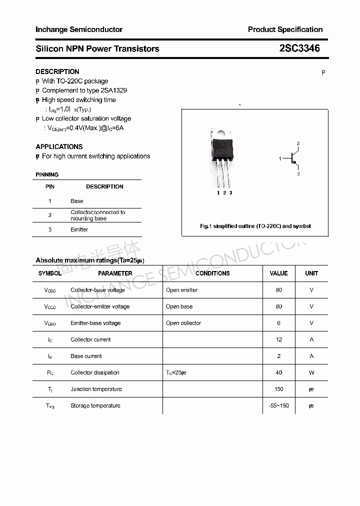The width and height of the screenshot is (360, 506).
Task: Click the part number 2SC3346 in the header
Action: click(299, 48)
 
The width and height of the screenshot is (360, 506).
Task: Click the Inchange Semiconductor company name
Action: click(79, 29)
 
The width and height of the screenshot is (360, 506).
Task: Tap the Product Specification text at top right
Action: click(285, 29)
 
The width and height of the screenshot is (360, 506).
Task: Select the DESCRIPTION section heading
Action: click(57, 71)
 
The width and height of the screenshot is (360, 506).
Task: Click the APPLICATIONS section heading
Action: click(59, 146)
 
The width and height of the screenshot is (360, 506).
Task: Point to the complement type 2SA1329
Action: click(113, 90)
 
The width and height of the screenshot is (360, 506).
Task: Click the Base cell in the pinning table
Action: click(77, 201)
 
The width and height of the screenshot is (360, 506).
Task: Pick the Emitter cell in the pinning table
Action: click(79, 229)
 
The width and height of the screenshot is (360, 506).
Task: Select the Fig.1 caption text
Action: click(255, 226)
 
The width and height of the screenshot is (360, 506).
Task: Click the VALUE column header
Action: click(278, 273)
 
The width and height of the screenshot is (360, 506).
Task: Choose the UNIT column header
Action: click(311, 273)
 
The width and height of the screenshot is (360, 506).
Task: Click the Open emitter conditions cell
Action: click(181, 290)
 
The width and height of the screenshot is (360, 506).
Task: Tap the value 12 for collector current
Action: click(278, 339)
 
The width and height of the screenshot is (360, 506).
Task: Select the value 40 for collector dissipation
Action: click(278, 372)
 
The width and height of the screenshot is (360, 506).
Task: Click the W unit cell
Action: click(311, 372)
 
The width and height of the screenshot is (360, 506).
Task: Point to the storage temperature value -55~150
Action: click(278, 405)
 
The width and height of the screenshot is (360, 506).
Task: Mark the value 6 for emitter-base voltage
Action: click(278, 323)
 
